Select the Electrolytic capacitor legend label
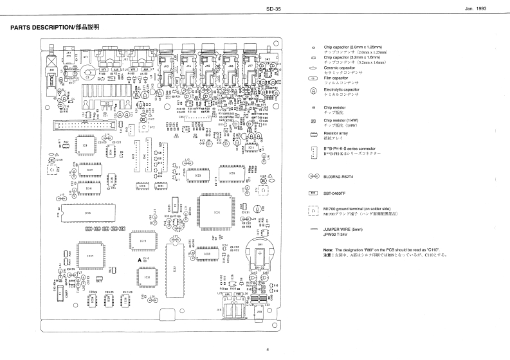[x=342, y=89]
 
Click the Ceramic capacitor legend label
[x=339, y=67]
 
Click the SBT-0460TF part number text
[x=335, y=192]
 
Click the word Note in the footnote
[x=327, y=249]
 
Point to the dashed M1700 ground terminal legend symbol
[x=313, y=211]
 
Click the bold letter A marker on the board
[x=139, y=258]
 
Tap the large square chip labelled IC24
[x=215, y=212]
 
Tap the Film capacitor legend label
[x=335, y=78]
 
